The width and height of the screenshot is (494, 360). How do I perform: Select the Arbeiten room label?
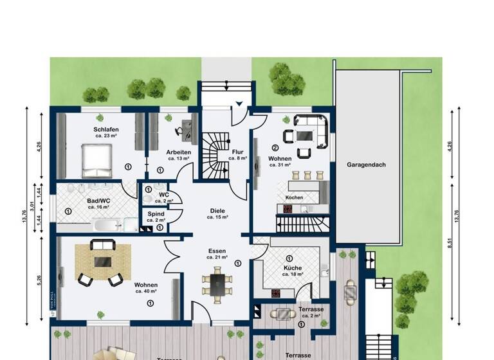pos(179,152)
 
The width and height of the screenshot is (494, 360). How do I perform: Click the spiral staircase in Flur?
pos(212,157)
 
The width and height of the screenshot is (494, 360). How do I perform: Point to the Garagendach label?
pos(366,165)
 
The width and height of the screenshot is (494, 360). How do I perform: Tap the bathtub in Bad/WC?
pos(107,226)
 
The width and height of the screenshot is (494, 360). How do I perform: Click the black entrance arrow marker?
pos(239,103)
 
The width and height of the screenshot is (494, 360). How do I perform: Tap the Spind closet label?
pos(156,213)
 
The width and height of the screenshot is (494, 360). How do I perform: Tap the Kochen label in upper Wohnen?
pos(294,197)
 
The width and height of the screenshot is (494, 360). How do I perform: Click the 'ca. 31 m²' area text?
pos(280,165)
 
